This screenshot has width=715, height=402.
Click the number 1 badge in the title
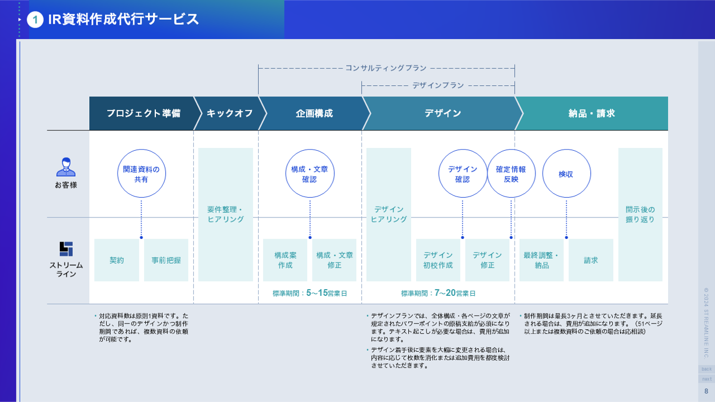[35, 20]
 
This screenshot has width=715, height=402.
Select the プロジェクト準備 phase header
[143, 113]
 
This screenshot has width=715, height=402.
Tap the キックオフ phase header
[229, 113]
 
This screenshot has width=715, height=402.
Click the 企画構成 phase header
[314, 113]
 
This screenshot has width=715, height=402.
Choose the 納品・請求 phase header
[591, 113]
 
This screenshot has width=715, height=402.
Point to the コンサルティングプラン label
[386, 68]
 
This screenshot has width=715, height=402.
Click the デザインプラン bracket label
[438, 85]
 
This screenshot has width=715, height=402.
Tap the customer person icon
[66, 167]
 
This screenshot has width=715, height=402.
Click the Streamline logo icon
[66, 249]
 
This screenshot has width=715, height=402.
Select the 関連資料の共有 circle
[141, 174]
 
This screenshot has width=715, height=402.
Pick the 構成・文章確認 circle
[309, 174]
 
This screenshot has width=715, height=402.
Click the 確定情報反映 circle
[511, 174]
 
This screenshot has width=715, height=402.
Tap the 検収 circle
[566, 174]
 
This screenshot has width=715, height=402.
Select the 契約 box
[116, 260]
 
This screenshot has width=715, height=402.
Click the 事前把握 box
[166, 260]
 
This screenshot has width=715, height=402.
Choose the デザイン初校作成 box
[438, 260]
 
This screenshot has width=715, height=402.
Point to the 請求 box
[591, 260]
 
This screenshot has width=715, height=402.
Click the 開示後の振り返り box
[640, 215]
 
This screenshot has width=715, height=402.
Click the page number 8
[706, 391]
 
